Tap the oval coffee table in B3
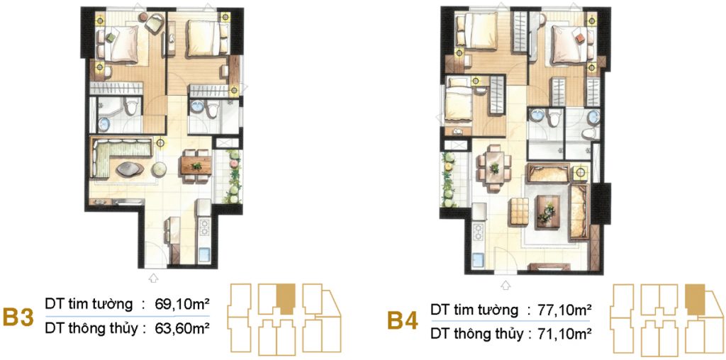point(129,169)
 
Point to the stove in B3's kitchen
point(205,227)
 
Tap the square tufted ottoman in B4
point(520,208)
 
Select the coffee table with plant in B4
point(547,208)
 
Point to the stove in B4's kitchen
point(477,231)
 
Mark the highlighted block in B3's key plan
point(284,298)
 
